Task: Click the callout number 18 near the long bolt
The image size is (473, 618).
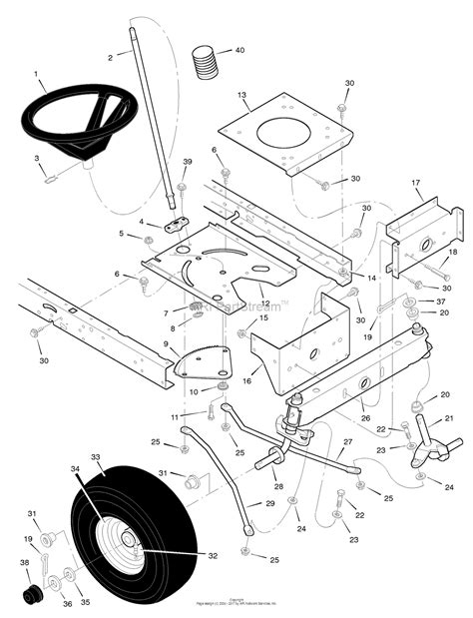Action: [x=453, y=255]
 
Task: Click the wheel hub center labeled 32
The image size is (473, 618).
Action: [x=131, y=548]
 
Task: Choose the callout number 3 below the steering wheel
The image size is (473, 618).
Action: [x=37, y=159]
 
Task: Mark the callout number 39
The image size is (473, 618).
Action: [x=187, y=162]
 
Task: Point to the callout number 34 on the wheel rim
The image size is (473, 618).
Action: [x=75, y=468]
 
